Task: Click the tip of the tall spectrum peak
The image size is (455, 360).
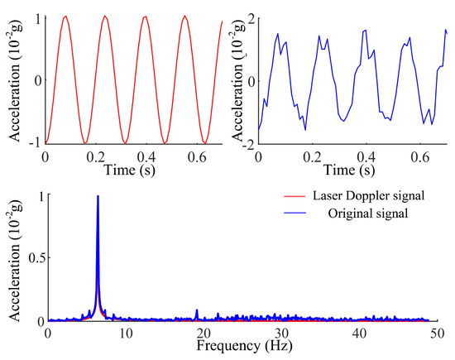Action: point(98,197)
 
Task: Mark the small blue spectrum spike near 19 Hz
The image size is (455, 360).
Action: point(196,310)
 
